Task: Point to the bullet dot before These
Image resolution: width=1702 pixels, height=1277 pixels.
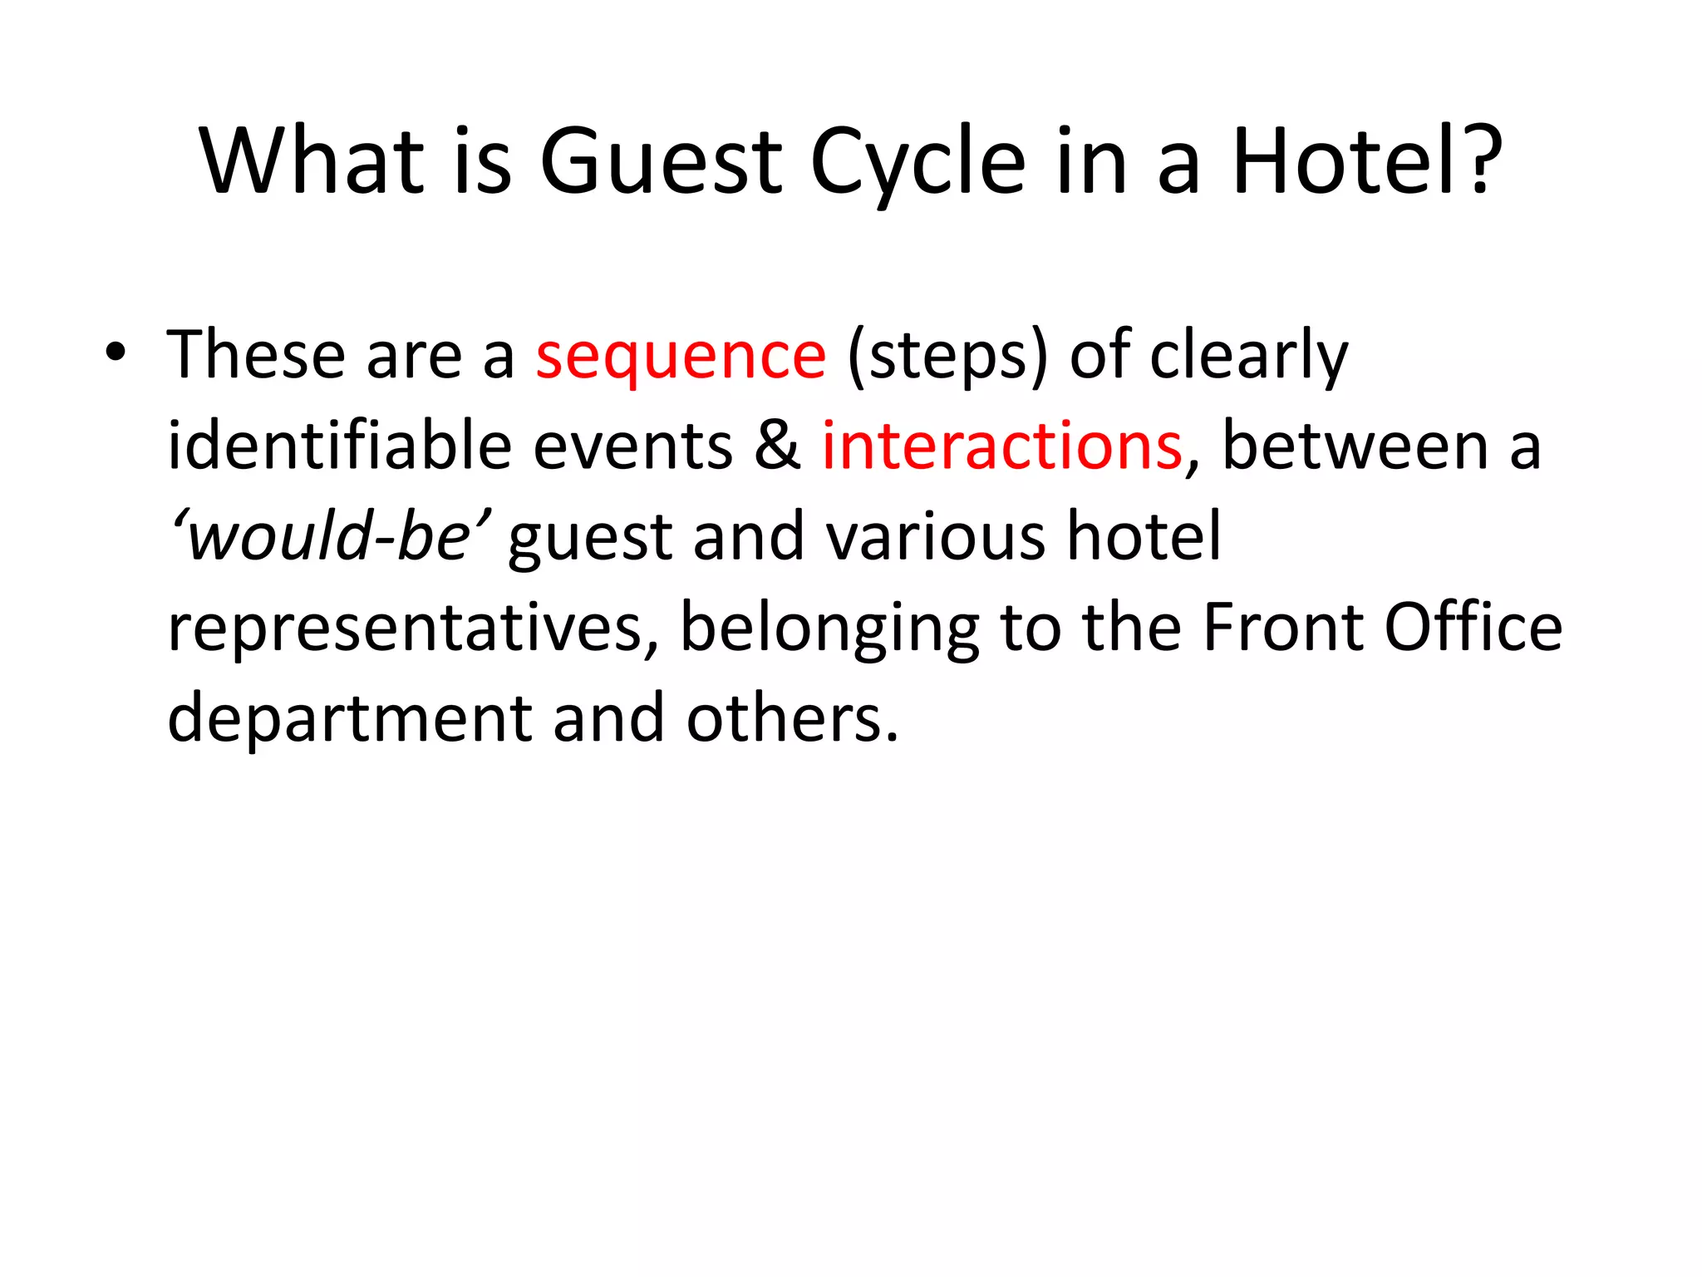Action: (x=116, y=354)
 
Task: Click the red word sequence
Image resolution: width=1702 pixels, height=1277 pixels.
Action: (x=681, y=356)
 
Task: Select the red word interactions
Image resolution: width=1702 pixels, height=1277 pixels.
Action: (x=1001, y=446)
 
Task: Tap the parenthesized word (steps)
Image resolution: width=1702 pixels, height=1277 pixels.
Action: (x=947, y=356)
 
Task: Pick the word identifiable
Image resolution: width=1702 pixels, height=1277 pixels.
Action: (x=339, y=446)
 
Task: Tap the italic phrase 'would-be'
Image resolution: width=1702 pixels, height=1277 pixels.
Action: (x=330, y=536)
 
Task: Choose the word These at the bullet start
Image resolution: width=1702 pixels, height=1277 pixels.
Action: (x=255, y=356)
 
